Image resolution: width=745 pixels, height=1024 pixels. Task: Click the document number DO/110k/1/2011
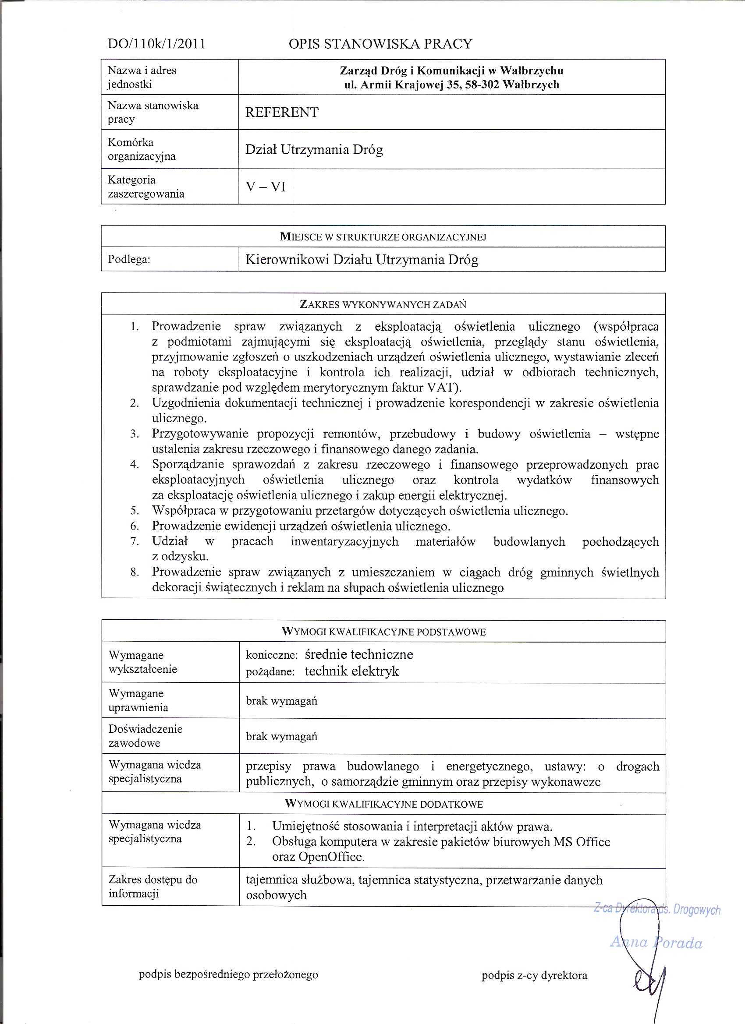pyautogui.click(x=156, y=44)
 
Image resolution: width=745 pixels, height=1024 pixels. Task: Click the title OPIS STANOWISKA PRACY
pyautogui.click(x=380, y=44)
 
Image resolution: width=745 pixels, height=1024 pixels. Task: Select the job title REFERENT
pyautogui.click(x=282, y=113)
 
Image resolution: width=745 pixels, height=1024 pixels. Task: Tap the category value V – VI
pyautogui.click(x=266, y=187)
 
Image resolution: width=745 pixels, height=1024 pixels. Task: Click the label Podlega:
pyautogui.click(x=129, y=259)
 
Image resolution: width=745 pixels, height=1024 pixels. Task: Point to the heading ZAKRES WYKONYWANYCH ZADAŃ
pyautogui.click(x=383, y=304)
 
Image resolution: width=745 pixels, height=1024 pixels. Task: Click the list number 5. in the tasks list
pyautogui.click(x=135, y=511)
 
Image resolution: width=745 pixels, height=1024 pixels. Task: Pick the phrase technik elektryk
pyautogui.click(x=352, y=671)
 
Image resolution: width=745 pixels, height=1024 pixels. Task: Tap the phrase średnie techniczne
pyautogui.click(x=359, y=654)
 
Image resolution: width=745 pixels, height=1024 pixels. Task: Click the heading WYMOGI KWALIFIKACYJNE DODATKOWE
pyautogui.click(x=384, y=804)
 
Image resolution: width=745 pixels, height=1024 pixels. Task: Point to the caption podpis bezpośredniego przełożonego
pyautogui.click(x=228, y=975)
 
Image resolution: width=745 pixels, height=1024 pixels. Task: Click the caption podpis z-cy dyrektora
pyautogui.click(x=535, y=975)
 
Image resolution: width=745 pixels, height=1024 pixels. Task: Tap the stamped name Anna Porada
pyautogui.click(x=656, y=943)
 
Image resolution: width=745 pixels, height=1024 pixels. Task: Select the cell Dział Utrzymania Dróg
pyautogui.click(x=314, y=149)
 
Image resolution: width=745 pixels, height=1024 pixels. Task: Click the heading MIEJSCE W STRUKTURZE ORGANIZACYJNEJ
pyautogui.click(x=383, y=237)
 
